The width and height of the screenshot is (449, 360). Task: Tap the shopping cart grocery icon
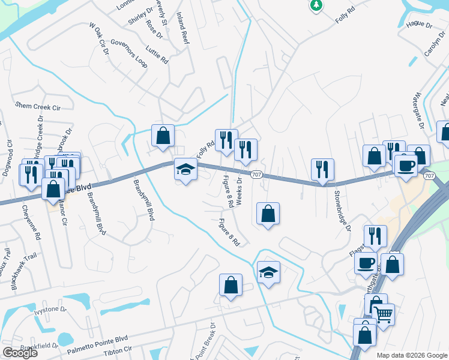384,313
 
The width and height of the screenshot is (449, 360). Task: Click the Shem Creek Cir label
38,106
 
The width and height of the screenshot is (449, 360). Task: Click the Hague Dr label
419,25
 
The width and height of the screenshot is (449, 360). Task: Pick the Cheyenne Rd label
31,223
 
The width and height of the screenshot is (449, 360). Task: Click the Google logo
20,353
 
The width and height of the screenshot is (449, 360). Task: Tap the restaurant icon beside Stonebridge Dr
323,170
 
